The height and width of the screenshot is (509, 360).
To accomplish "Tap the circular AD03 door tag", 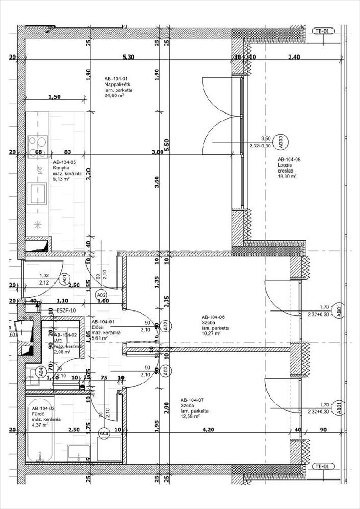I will (279, 141).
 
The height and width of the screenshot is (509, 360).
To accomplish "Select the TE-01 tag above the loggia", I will (323, 31).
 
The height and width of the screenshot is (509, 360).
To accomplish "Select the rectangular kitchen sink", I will (38, 192).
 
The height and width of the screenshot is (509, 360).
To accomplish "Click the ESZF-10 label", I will (66, 310).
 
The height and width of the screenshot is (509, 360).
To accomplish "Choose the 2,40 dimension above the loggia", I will (294, 58).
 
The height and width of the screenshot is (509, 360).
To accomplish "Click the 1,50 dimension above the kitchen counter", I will (54, 97).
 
